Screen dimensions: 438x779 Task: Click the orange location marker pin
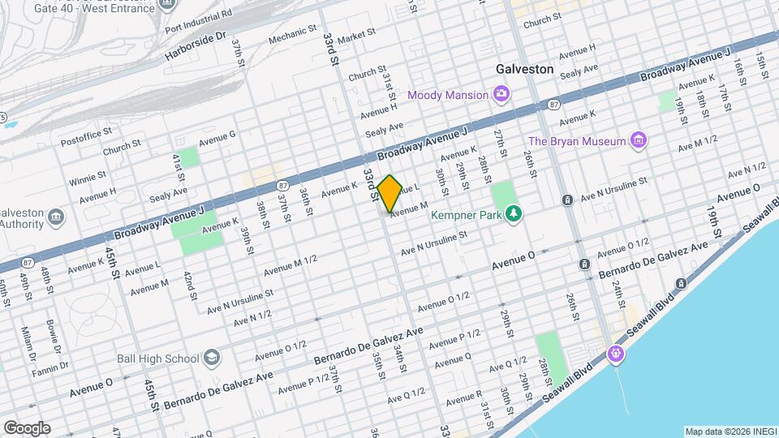click(x=389, y=193)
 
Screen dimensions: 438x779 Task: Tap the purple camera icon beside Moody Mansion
click(x=501, y=95)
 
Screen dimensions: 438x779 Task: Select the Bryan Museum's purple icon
click(x=639, y=141)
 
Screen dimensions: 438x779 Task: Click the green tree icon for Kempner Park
click(x=513, y=213)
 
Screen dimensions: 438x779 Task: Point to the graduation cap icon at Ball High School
click(x=211, y=358)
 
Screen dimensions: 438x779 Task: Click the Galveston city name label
click(x=524, y=69)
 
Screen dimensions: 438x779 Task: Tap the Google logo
click(x=26, y=427)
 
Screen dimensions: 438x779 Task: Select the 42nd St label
click(x=192, y=286)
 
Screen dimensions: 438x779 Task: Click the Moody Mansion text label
click(x=448, y=95)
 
